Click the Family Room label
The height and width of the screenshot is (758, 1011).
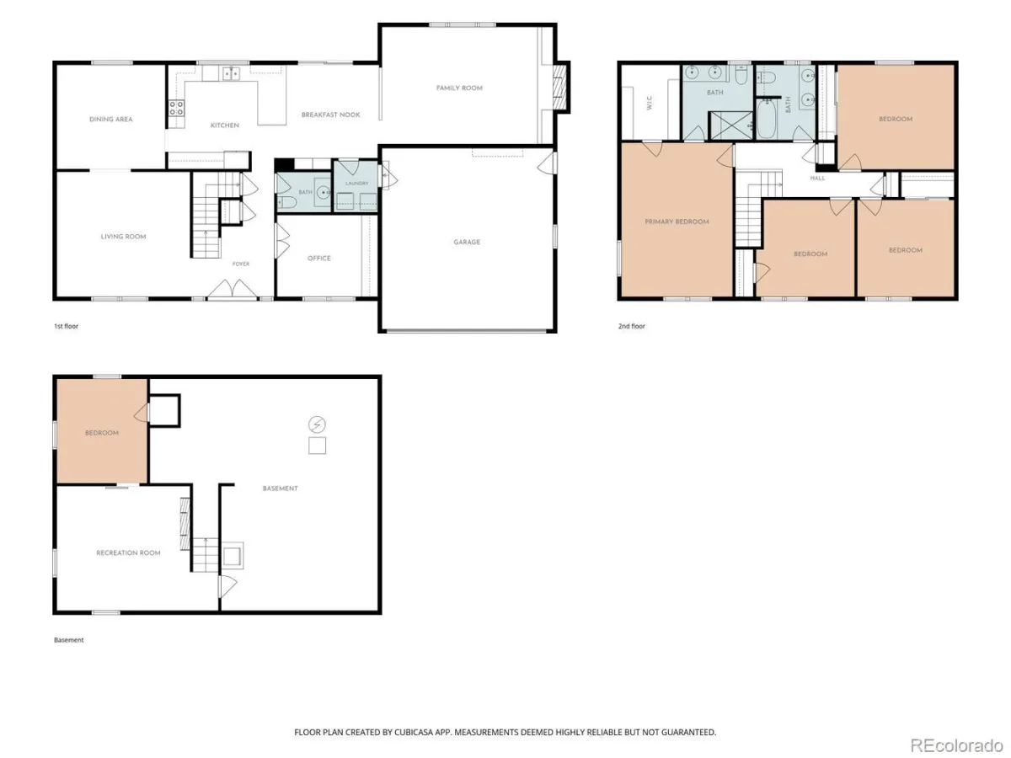[459, 88]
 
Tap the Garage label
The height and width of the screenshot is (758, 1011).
[467, 242]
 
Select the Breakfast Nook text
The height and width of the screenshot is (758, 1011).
[331, 115]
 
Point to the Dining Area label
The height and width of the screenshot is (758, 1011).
[111, 120]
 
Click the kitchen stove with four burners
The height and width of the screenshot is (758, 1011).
[176, 109]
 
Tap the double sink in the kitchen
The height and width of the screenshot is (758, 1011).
[231, 73]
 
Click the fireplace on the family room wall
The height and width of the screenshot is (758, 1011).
[559, 87]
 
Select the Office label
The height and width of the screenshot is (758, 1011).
[319, 259]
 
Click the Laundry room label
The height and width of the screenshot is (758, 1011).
[357, 183]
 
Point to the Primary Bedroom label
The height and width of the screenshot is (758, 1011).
[677, 222]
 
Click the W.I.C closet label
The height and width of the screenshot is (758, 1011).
[650, 103]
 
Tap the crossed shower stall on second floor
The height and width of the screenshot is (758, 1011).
[730, 125]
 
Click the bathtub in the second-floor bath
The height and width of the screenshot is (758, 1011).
[767, 119]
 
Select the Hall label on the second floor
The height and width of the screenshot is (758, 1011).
[817, 178]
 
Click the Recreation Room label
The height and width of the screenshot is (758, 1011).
[129, 552]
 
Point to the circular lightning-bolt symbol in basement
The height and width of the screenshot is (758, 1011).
[317, 424]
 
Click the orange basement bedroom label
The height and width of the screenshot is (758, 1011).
[102, 433]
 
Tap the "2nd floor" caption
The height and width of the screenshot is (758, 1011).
[632, 326]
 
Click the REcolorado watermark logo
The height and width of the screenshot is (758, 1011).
[956, 745]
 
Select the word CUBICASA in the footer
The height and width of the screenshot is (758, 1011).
[413, 732]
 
